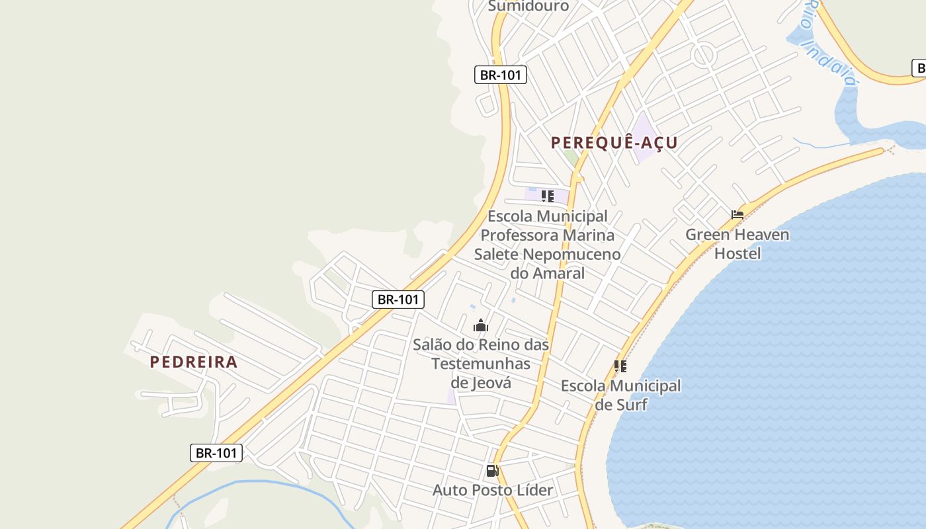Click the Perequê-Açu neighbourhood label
coord(614,143)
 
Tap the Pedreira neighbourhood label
coord(193,362)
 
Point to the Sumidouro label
coord(528,6)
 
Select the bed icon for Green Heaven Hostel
coord(737,215)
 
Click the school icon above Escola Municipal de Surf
coord(620,366)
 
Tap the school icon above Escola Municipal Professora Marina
coord(548,196)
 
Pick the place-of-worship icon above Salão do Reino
coord(481,325)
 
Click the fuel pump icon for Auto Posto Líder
coord(493,471)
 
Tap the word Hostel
coord(737,253)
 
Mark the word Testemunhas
coord(481,364)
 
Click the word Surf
coord(631,405)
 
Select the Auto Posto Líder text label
coord(493,490)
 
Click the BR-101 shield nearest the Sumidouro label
coord(501,75)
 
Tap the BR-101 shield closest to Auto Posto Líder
coord(216,453)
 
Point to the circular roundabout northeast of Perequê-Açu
coord(703,54)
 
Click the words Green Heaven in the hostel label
coord(737,235)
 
